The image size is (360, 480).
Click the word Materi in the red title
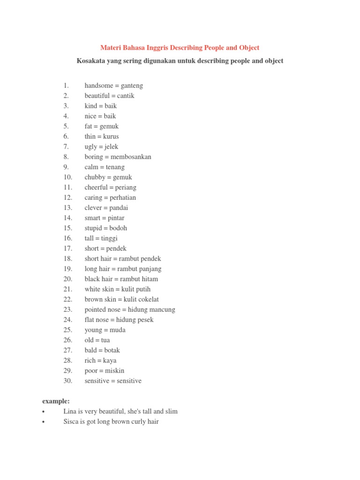pos(111,48)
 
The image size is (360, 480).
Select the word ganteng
pos(132,86)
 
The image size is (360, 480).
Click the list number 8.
pos(66,157)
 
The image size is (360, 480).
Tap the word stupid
pos(94,228)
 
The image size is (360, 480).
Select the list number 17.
pos(68,248)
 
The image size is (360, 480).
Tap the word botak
pos(112,350)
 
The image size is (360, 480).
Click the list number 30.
pos(68,381)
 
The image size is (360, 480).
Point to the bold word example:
pos(56,401)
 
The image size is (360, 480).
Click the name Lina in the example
pos(70,412)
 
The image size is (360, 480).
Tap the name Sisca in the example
pos(72,422)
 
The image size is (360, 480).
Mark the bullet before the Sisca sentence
pos(43,422)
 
